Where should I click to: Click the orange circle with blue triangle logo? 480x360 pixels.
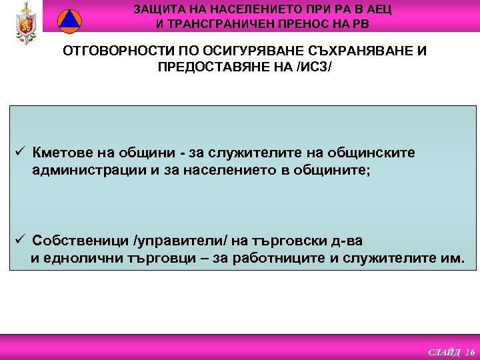coord(68,21)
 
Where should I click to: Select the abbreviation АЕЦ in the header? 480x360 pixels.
coord(379,9)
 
